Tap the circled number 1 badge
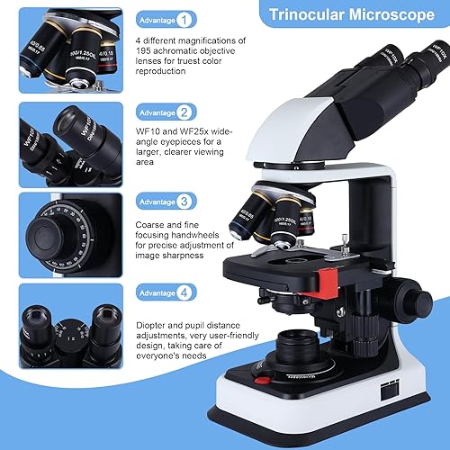184,18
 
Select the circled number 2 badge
184,112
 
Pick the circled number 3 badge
184,202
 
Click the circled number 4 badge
184,292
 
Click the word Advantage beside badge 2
156,112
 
